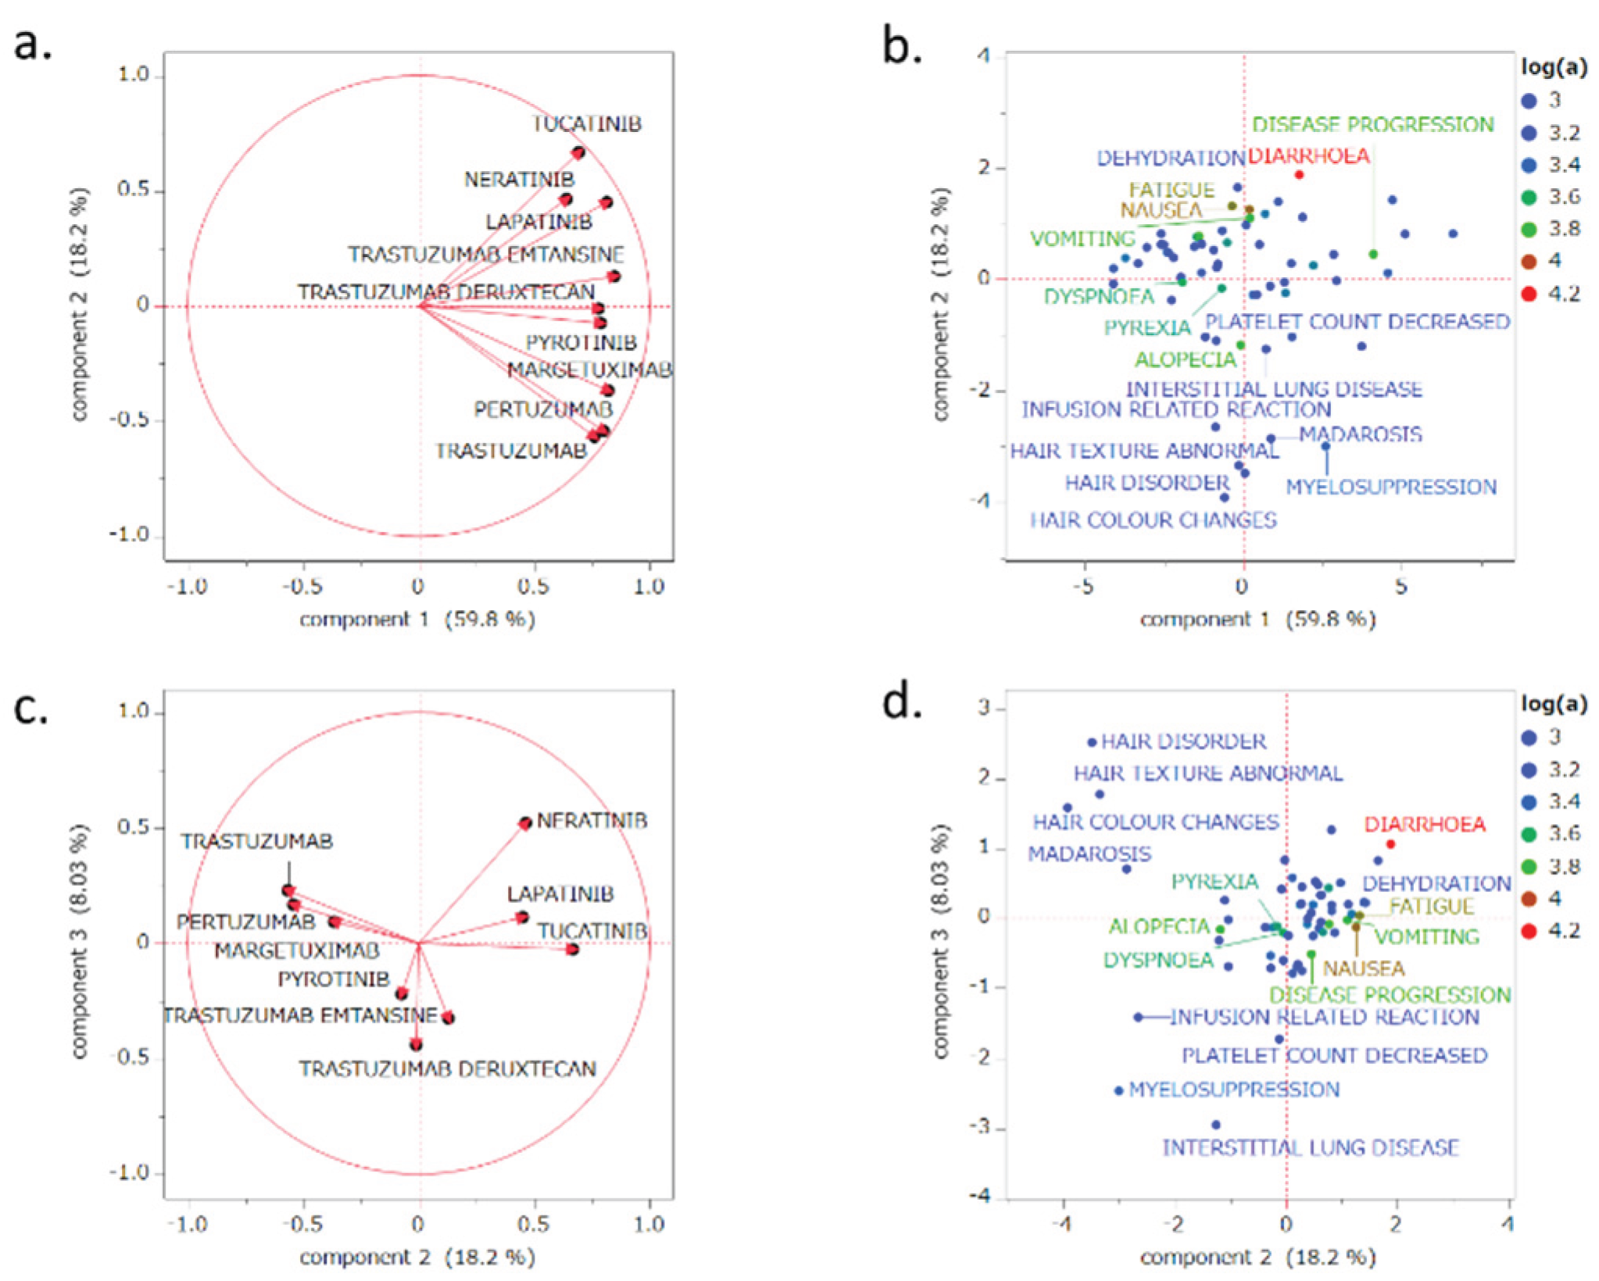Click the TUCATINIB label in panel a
(x=586, y=124)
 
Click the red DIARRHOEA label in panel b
(x=1307, y=156)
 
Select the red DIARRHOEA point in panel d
(x=1390, y=844)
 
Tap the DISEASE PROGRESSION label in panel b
(x=1372, y=125)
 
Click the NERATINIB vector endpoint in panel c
(x=525, y=823)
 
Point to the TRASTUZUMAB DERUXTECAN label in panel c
(x=447, y=1069)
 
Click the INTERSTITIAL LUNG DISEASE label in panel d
(x=1311, y=1148)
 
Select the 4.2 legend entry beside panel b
(x=1554, y=294)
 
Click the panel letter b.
(x=901, y=47)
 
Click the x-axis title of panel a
(x=417, y=619)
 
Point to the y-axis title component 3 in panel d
(x=941, y=941)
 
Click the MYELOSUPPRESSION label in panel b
(x=1391, y=487)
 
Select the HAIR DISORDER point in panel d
(x=1093, y=742)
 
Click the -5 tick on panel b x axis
(x=1083, y=587)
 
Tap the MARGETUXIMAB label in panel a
(x=589, y=369)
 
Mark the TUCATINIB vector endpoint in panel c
(x=573, y=950)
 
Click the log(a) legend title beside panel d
(x=1554, y=705)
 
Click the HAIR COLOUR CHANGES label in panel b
(x=1153, y=521)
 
